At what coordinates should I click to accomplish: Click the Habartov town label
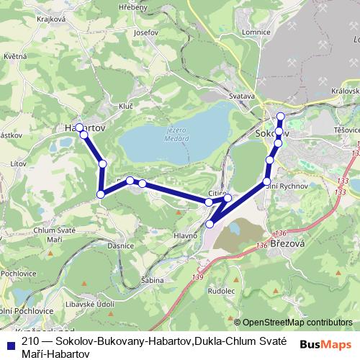[x=85, y=127]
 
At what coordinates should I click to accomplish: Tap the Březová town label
[x=286, y=243]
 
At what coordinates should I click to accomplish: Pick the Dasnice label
[x=118, y=246]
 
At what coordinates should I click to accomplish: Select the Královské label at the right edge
[x=346, y=91]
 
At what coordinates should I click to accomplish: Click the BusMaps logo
[x=325, y=344]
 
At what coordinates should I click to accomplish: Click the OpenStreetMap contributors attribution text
[x=297, y=323]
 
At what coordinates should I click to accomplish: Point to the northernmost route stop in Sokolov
[x=281, y=116]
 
